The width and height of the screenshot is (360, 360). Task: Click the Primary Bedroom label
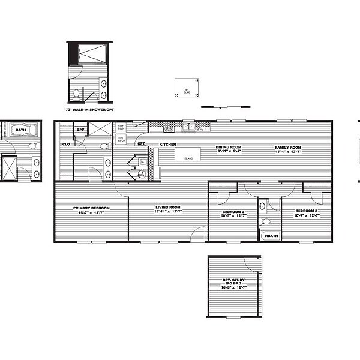90,208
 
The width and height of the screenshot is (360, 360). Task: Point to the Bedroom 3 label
305,212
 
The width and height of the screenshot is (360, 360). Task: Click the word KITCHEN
167,145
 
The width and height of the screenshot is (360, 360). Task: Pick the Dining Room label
229,147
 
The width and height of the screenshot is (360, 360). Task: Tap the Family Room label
288,147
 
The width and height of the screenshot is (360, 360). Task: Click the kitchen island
187,154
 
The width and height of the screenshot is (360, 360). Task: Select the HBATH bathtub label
271,236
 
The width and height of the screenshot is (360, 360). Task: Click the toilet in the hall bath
262,208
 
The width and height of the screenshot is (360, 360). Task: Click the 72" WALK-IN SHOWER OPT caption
88,110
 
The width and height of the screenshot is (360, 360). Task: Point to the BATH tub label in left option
21,130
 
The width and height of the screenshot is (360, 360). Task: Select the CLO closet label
65,144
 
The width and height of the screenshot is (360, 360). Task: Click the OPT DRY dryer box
121,128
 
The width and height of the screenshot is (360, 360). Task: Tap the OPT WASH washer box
121,139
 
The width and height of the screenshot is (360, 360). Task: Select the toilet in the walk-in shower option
77,94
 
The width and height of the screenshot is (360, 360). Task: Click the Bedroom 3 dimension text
305,216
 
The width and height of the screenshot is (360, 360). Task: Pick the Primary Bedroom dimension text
90,213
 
